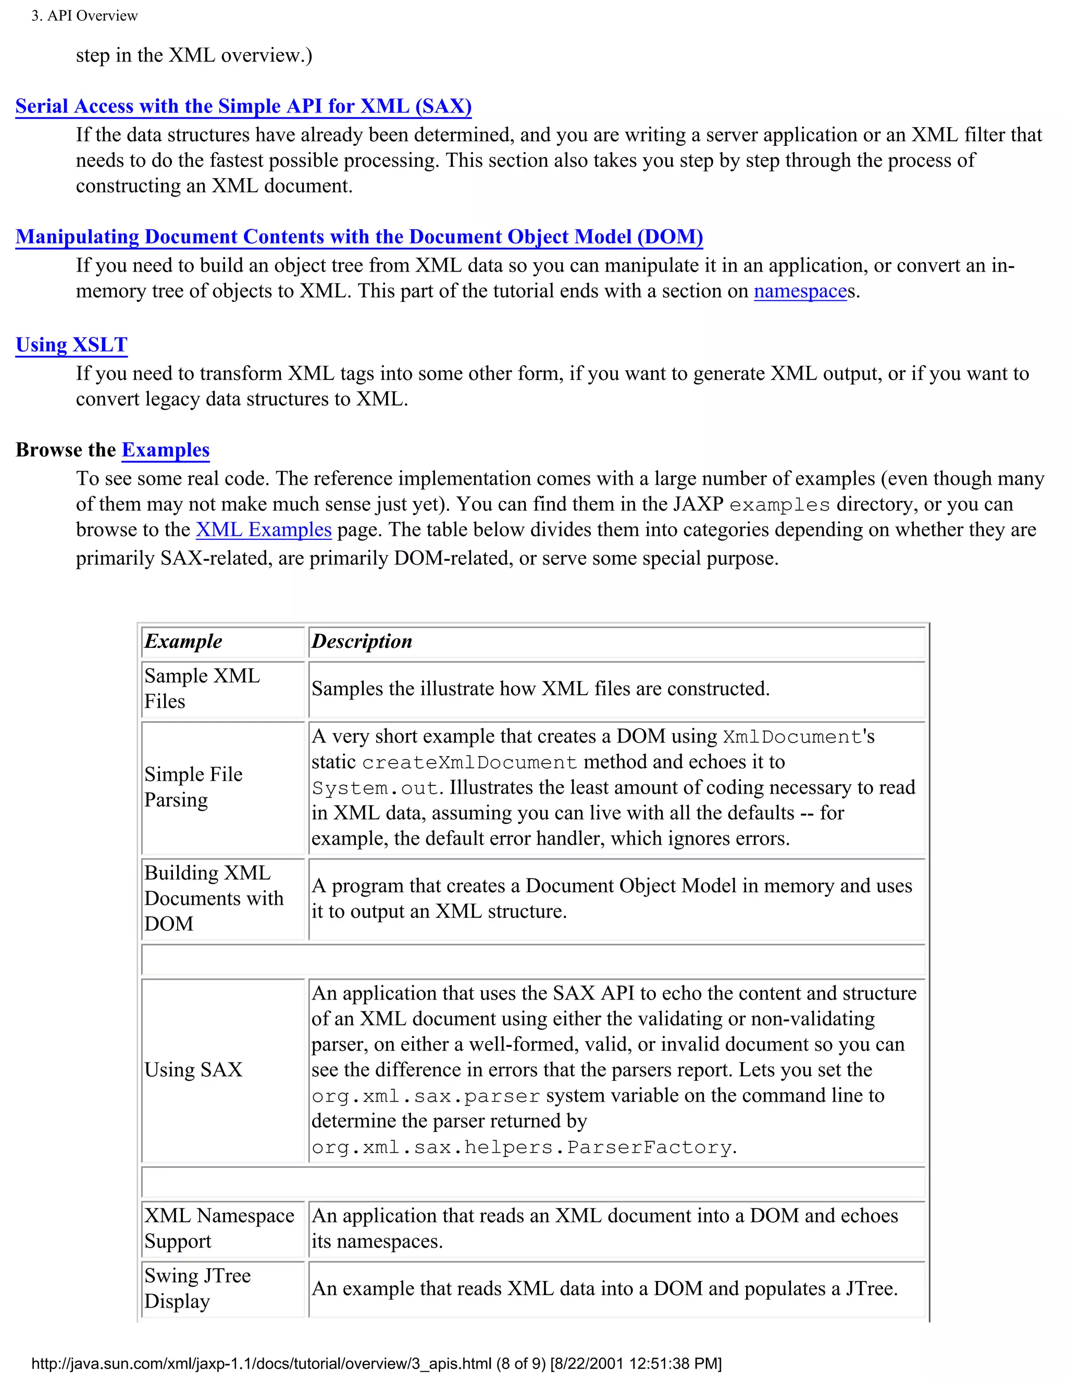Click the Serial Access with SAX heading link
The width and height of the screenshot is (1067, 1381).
[x=243, y=106]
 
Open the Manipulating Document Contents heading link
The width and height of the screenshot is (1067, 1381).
[x=359, y=237]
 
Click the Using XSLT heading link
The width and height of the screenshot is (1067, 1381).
[x=71, y=344]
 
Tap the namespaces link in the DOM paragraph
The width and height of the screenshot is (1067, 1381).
[x=800, y=291]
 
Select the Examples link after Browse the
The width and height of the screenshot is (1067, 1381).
[x=165, y=450]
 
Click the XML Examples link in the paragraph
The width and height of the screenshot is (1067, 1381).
[x=264, y=529]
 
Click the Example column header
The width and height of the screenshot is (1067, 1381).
[x=183, y=641]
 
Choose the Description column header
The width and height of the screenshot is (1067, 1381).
[x=362, y=641]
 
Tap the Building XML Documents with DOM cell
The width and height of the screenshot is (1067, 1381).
[x=214, y=898]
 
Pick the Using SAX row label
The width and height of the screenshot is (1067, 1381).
[x=193, y=1070]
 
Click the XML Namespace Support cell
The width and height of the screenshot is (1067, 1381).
[x=219, y=1229]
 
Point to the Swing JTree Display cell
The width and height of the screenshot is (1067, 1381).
[x=197, y=1288]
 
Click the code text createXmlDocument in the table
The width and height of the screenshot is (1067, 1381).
[x=469, y=762]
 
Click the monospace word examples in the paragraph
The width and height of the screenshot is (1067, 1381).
[x=779, y=505]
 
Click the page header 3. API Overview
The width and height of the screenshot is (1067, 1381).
[x=85, y=16]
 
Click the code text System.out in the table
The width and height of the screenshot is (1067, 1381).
[x=375, y=788]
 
